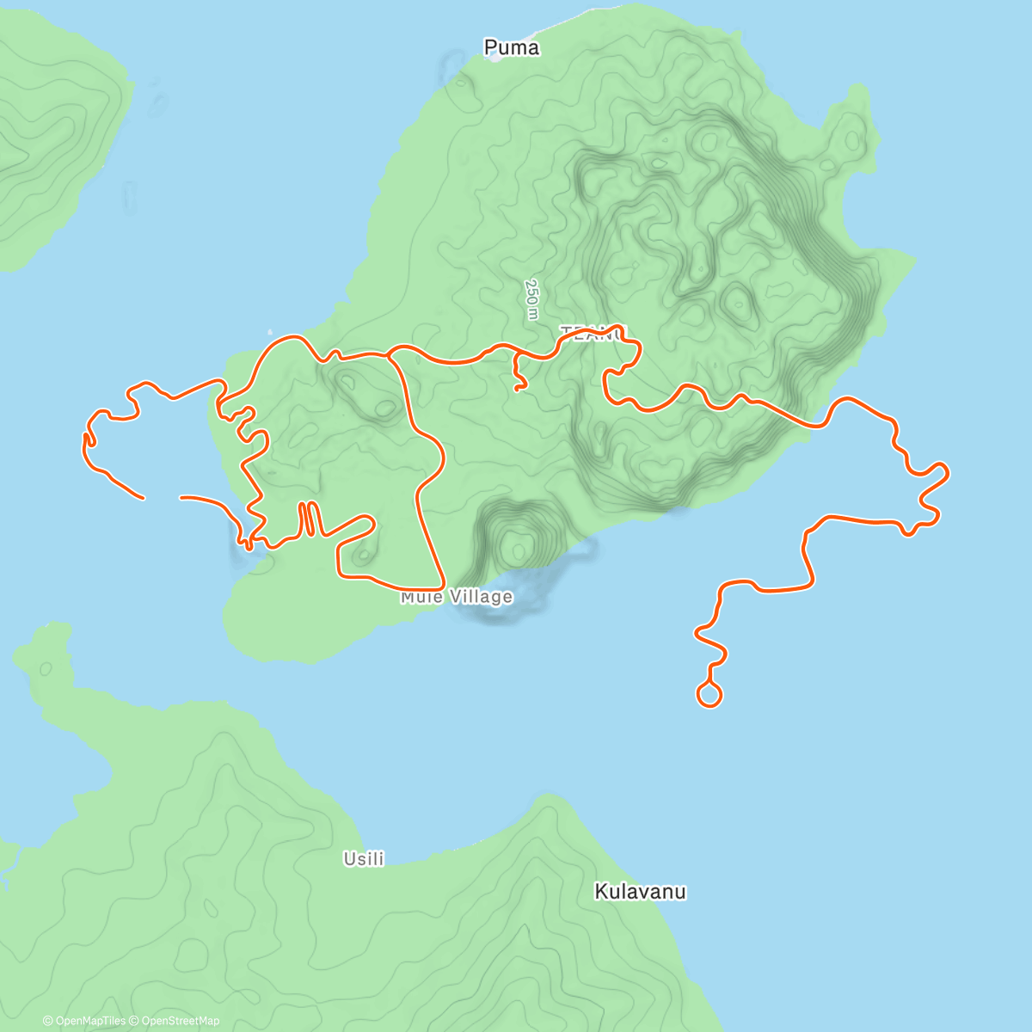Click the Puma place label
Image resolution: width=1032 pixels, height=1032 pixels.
pos(512,47)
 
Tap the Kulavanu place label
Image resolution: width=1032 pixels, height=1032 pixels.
pos(640,892)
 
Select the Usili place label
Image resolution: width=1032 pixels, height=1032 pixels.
pos(364,858)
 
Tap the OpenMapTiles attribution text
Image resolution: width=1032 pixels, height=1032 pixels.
pos(90,1021)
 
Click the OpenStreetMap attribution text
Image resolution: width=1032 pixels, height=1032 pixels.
pos(180,1021)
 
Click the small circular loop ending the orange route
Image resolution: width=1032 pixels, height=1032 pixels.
pos(709,694)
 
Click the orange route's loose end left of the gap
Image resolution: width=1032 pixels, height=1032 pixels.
pos(142,497)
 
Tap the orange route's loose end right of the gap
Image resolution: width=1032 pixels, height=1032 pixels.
pos(181,497)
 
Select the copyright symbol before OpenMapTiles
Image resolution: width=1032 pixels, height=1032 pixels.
pos(47,1021)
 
